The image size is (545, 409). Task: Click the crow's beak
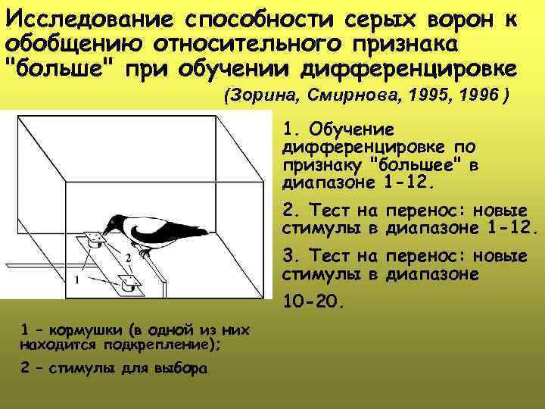[x=107, y=229]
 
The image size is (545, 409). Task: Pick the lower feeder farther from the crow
[x=127, y=285]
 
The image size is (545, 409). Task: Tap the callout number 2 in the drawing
[x=129, y=258]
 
